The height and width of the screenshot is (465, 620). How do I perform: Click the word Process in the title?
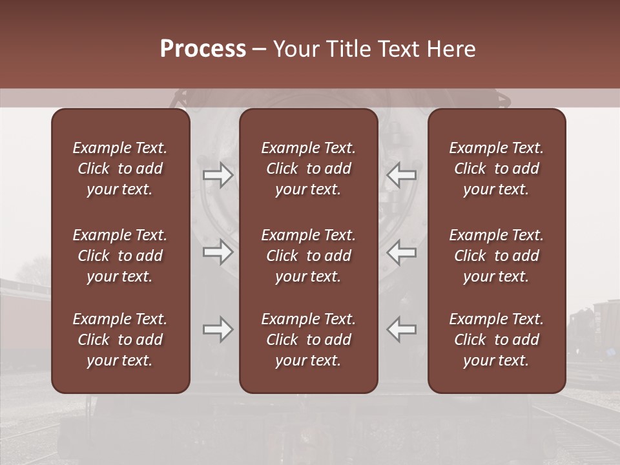203,49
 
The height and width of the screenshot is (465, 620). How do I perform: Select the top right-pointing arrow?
218,175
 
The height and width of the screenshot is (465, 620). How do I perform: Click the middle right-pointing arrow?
218,252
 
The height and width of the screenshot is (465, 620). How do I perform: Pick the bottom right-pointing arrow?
218,329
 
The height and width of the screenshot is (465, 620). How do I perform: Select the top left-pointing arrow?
402,175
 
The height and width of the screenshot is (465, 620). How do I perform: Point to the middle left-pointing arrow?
402,252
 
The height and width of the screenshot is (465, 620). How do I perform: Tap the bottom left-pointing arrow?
402,329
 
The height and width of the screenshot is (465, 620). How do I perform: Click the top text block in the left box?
120,169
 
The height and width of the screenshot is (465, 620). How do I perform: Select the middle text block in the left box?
120,256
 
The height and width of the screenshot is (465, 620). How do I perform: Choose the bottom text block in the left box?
120,340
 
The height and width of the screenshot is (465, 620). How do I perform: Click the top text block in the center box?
308,169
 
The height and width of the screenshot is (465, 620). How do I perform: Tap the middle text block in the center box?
308,256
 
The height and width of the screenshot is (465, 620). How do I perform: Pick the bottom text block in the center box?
308,340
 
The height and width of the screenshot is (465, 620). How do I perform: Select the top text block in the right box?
496,169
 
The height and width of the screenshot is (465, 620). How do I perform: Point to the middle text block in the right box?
496,256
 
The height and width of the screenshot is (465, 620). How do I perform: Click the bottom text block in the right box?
496,340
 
